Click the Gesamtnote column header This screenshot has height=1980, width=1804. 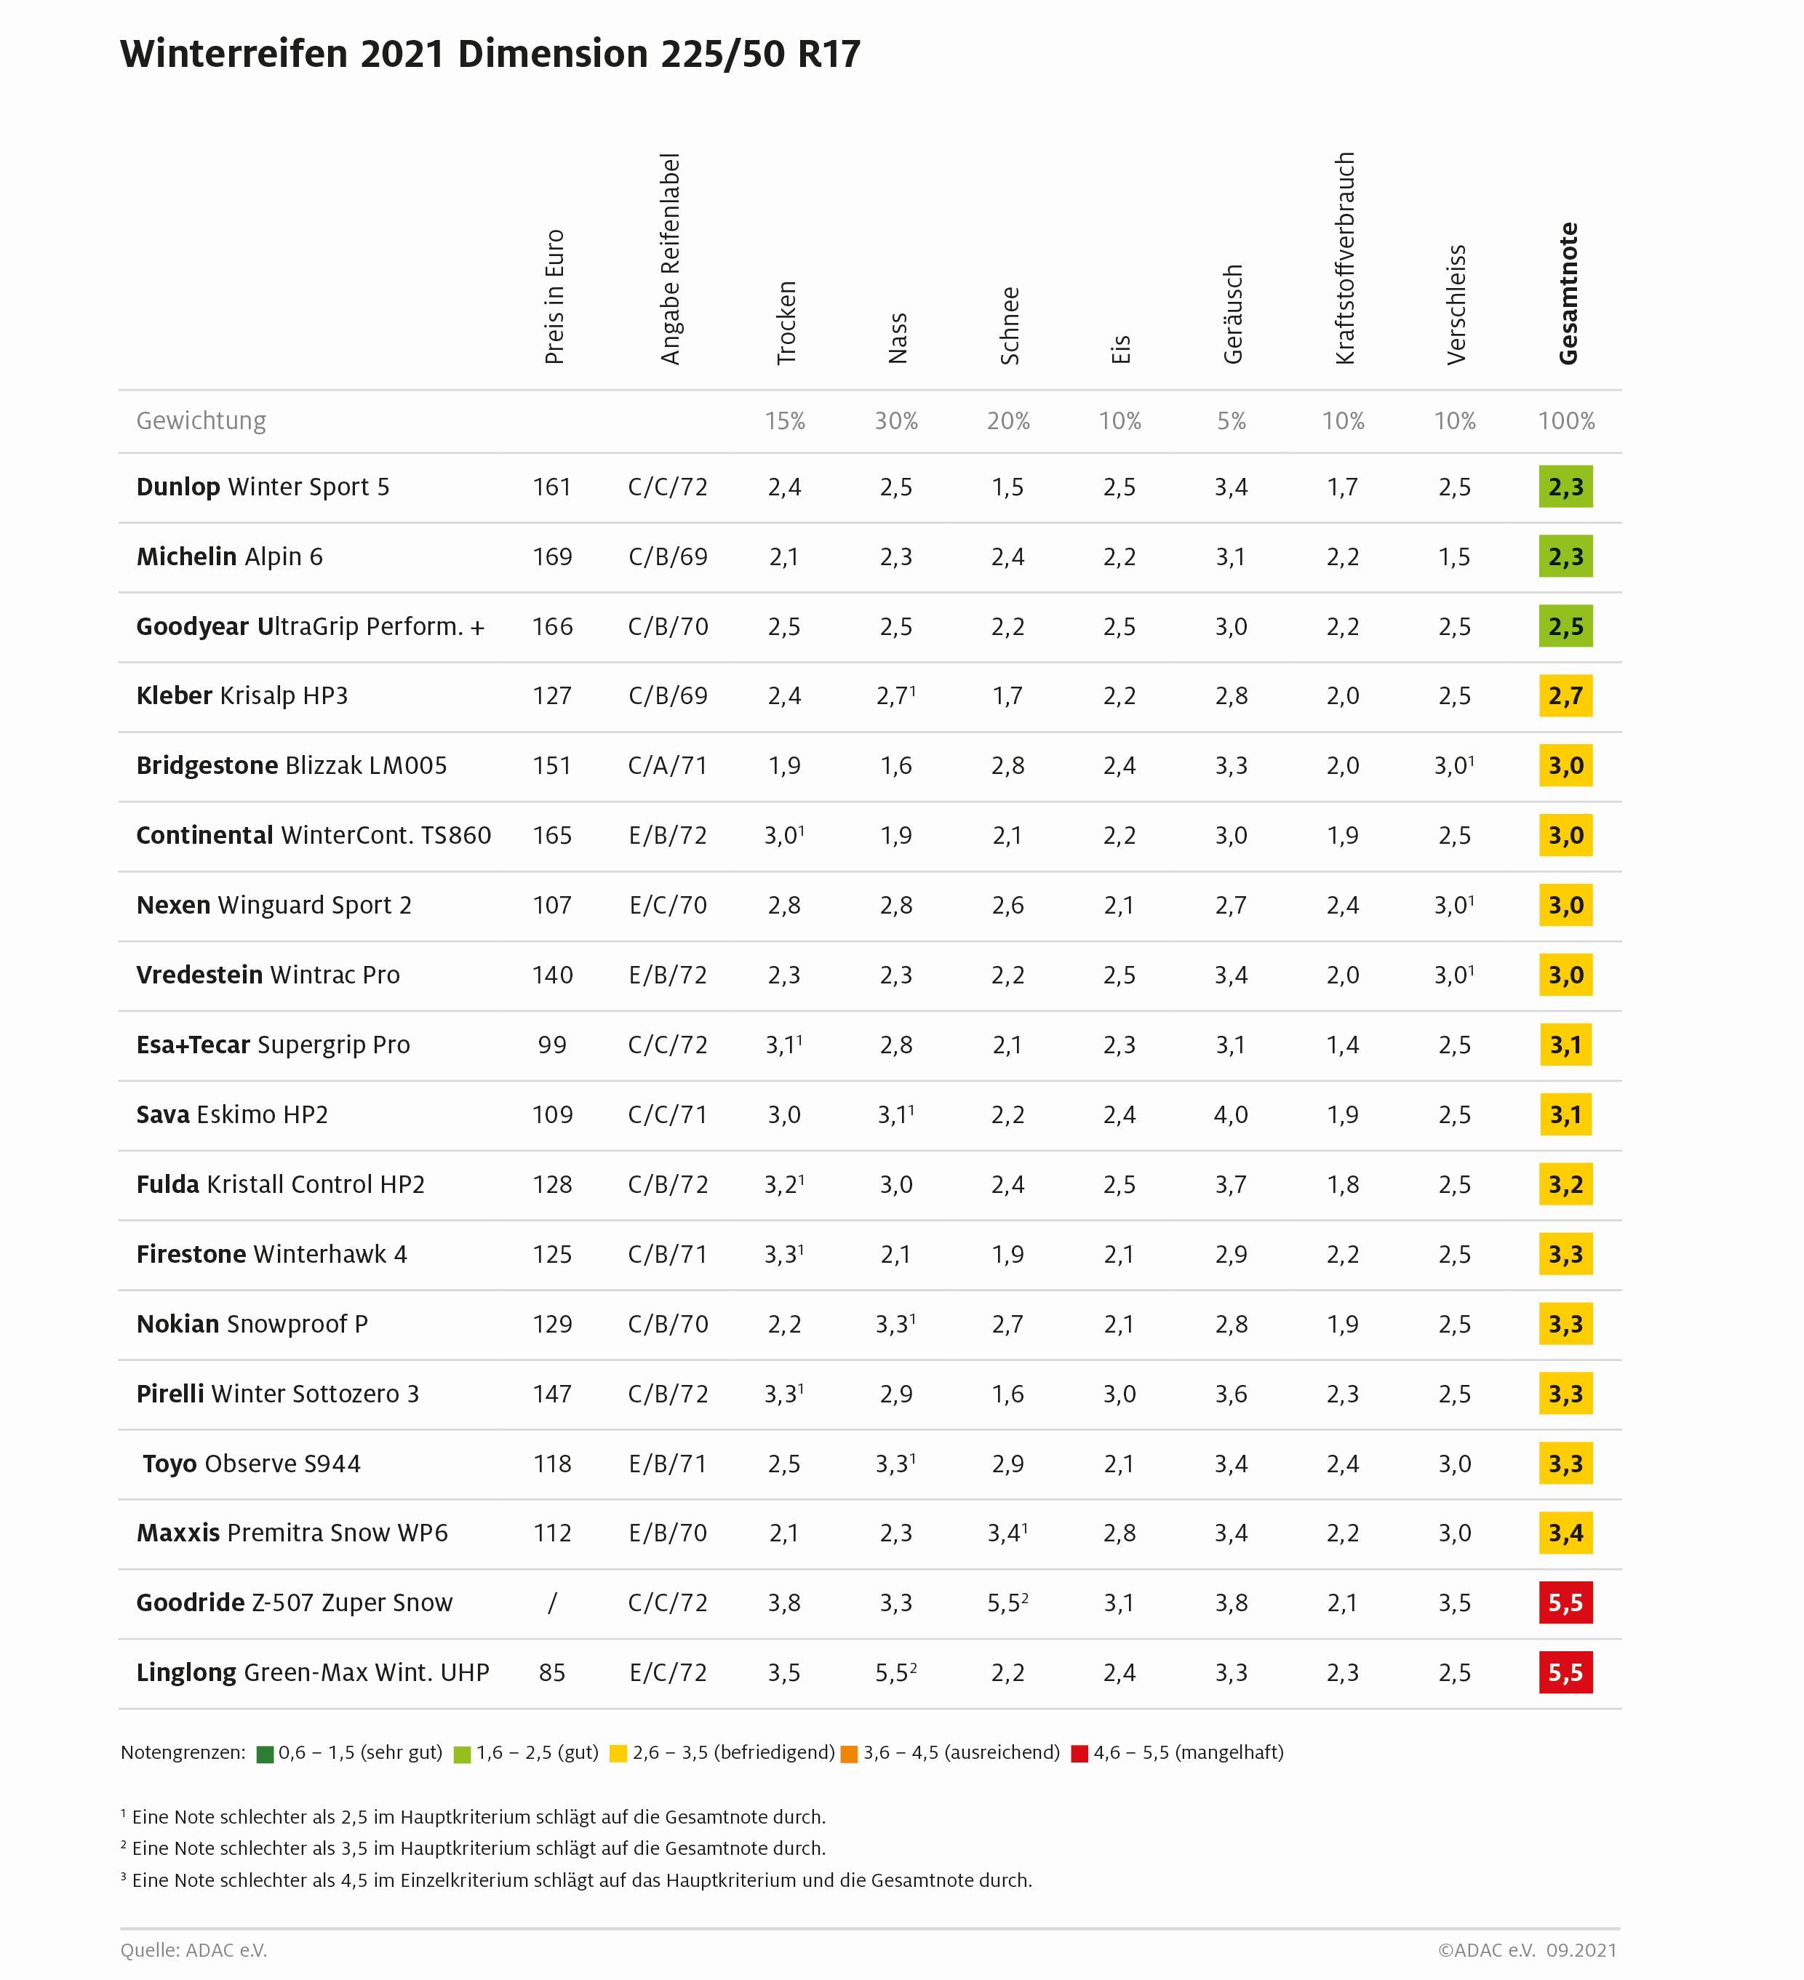point(1568,292)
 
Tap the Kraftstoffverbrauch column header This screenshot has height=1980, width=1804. point(1344,258)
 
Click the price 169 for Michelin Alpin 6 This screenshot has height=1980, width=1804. point(552,557)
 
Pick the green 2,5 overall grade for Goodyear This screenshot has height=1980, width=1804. point(1565,626)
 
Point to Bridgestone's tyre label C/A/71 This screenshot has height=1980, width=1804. point(668,766)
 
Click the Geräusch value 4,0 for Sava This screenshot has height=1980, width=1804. point(1231,1114)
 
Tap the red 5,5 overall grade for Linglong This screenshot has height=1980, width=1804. point(1565,1672)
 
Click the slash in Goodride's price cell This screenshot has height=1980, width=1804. point(552,1603)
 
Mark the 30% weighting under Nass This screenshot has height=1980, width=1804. point(895,421)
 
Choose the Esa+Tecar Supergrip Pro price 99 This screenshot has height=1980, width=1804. point(552,1045)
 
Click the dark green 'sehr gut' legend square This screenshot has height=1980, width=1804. point(264,1754)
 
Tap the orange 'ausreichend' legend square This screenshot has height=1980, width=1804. point(850,1754)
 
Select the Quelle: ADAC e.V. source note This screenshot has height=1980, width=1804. point(193,1950)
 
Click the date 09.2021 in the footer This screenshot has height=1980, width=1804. point(1581,1950)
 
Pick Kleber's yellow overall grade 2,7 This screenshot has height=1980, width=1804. point(1565,696)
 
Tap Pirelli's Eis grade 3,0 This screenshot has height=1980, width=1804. point(1119,1394)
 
